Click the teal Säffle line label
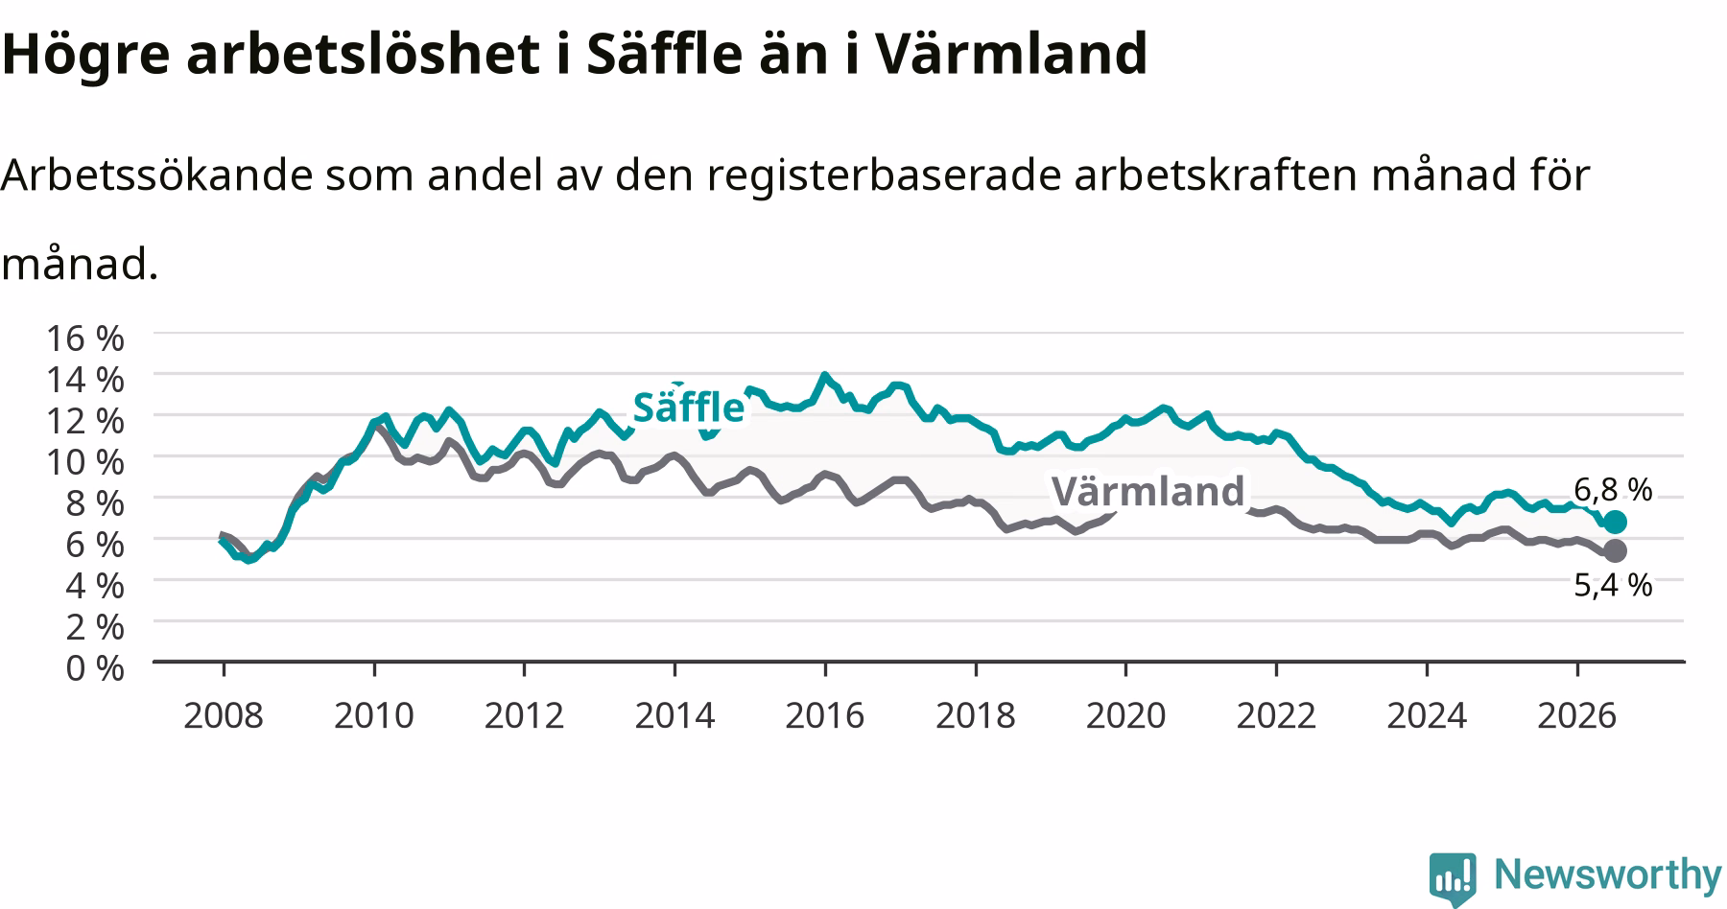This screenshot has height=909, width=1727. click(688, 408)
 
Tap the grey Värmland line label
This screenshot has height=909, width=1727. click(1147, 491)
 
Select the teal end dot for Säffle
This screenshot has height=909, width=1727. click(1615, 522)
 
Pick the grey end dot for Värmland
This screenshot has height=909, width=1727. click(1615, 550)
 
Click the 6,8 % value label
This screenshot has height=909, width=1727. click(1613, 490)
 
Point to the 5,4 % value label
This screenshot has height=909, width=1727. click(1613, 584)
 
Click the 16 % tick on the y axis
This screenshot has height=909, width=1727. click(85, 338)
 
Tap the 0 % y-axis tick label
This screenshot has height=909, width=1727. click(95, 666)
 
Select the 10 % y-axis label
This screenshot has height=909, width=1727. click(85, 461)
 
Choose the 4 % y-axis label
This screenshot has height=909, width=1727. click(95, 584)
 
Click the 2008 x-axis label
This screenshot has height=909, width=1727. click(224, 715)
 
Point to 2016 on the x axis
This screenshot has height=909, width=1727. click(825, 715)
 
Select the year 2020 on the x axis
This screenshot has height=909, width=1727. click(1125, 715)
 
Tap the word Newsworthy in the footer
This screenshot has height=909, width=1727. click(1608, 874)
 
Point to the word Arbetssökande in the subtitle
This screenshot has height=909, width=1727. click(156, 175)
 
